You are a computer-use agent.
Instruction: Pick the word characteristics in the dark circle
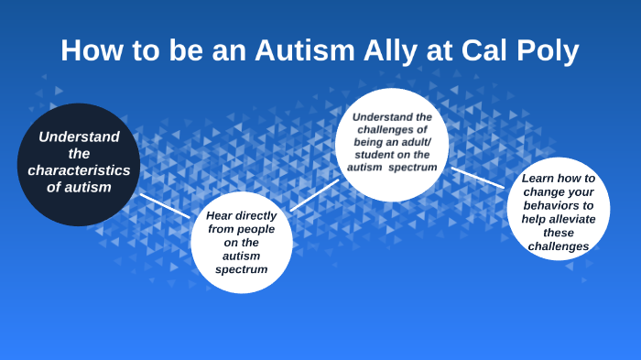click(79, 170)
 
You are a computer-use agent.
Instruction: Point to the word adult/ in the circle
click(420, 143)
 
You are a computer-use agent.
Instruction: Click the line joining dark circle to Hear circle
click(165, 205)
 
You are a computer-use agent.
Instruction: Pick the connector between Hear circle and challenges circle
click(314, 195)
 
